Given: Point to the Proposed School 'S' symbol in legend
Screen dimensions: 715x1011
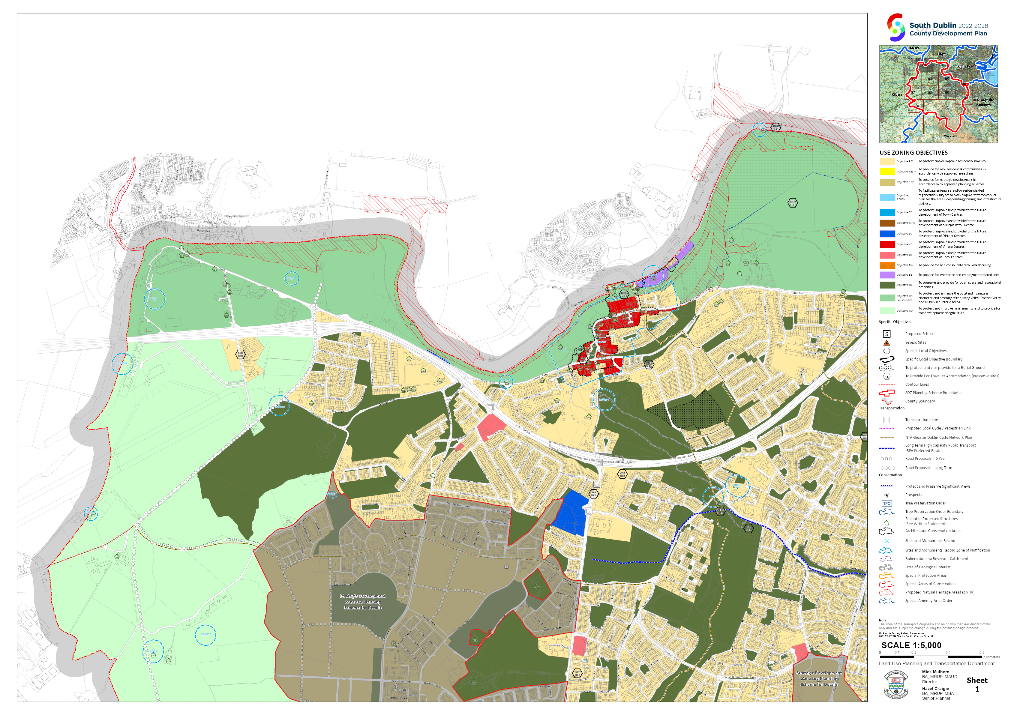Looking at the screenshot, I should pos(886,334).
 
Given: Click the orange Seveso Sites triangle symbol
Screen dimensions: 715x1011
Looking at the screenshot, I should pos(886,343).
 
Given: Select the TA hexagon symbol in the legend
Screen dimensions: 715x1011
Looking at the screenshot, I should pos(886,377).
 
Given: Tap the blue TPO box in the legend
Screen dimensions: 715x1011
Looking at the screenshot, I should pos(886,503).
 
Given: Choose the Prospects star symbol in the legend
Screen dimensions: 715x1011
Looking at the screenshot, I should pos(886,495).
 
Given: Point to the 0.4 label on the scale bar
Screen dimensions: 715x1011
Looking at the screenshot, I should pos(948,653).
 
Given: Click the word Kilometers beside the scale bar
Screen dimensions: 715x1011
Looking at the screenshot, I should pos(991,657).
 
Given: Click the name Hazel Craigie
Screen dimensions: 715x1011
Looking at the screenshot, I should pos(935,689).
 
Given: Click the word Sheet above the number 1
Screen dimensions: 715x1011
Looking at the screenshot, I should pos(977,680).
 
